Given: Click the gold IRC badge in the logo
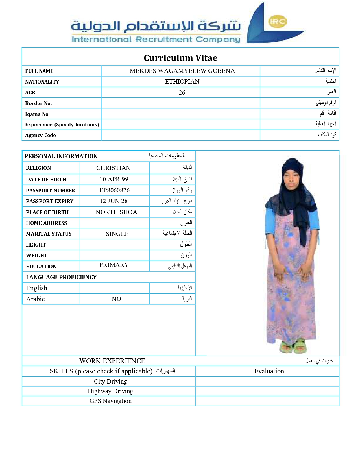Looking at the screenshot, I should (278, 22).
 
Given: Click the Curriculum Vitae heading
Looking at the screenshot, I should (180, 58).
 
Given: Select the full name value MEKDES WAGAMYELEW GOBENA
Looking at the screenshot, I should (182, 71).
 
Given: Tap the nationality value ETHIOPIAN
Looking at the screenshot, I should (182, 82).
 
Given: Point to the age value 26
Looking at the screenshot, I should (182, 93).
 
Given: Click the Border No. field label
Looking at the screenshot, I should (38, 103).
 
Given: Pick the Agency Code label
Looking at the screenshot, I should (40, 135).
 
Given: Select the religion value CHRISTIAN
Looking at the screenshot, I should (113, 168).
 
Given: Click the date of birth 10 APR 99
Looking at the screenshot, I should (114, 179).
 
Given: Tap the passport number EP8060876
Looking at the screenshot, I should (114, 190).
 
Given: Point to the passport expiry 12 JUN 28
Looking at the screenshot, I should (114, 201).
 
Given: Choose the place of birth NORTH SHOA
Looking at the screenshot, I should (116, 212).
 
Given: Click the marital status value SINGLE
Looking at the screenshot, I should (117, 234).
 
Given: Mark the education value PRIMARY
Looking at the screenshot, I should (114, 265).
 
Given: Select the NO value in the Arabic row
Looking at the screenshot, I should (116, 299).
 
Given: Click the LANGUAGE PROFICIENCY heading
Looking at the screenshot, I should (61, 277).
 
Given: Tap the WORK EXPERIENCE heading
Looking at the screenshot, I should (112, 361).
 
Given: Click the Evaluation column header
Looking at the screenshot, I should (269, 371).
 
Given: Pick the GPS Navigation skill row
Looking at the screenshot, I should (110, 401).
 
